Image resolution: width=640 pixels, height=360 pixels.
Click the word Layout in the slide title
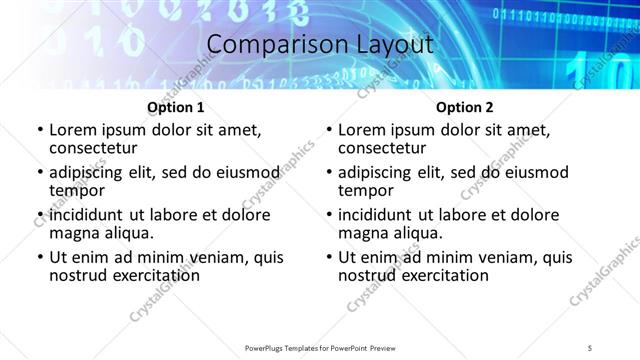394,45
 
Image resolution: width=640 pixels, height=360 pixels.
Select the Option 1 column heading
176,107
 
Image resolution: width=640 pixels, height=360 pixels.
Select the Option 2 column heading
464,107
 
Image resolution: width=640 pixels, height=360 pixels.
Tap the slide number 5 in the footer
590,347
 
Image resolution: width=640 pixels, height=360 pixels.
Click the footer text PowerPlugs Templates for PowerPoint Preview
320,347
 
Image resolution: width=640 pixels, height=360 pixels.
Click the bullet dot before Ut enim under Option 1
39,257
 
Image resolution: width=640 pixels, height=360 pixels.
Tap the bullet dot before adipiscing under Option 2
328,172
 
